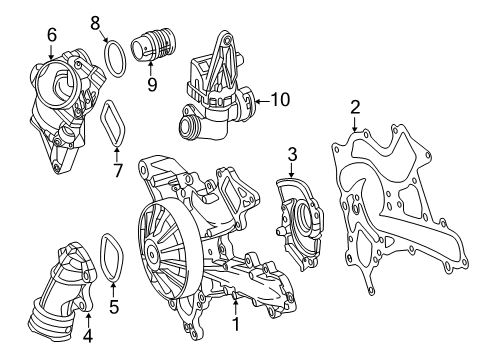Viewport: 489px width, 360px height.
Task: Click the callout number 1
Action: [x=236, y=324]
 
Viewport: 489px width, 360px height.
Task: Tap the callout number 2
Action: [x=355, y=107]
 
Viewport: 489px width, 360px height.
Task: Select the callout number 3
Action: [x=292, y=154]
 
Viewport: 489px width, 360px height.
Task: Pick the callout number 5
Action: [x=114, y=307]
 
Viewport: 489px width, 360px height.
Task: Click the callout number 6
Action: [x=52, y=35]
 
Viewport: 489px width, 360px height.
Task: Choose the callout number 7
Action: [x=117, y=170]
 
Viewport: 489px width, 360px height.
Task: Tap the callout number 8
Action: [x=95, y=23]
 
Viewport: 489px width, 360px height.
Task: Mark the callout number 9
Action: [x=152, y=84]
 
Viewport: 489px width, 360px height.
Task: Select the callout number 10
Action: [x=280, y=99]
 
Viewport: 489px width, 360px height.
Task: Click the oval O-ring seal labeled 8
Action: [x=115, y=59]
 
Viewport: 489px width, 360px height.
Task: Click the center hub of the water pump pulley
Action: [x=152, y=255]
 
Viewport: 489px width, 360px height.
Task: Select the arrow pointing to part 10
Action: [x=262, y=101]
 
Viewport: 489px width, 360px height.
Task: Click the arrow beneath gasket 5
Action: [x=114, y=289]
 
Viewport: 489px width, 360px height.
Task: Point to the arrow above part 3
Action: [x=292, y=171]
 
